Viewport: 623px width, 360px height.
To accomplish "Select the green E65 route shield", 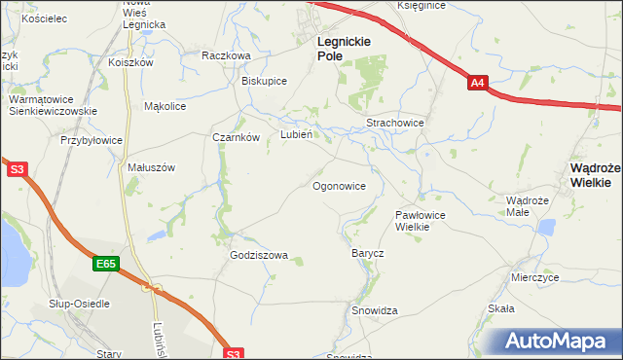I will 106,263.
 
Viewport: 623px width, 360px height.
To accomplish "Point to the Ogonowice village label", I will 339,185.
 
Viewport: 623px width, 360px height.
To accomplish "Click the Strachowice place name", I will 394,124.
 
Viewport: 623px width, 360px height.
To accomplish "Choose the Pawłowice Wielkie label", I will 420,220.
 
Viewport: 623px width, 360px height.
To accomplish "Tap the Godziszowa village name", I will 259,256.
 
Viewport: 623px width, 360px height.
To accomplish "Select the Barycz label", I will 367,253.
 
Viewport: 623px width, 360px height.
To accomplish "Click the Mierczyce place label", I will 534,276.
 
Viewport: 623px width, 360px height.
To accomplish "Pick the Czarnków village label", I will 236,137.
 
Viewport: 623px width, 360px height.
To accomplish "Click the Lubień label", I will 296,135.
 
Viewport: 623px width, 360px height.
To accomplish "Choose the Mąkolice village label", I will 165,106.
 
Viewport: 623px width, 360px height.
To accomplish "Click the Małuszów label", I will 151,167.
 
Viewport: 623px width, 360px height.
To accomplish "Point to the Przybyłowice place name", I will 92,140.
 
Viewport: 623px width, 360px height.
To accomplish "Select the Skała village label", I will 500,308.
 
